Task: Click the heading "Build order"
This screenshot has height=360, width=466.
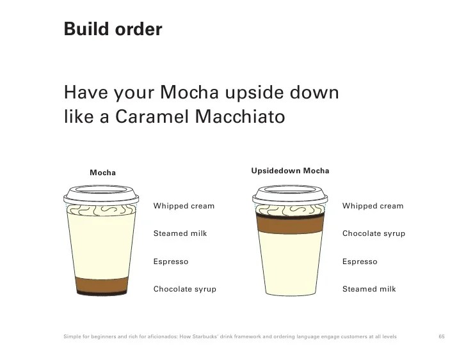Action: pyautogui.click(x=113, y=29)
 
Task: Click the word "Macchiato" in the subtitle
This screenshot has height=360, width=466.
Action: pyautogui.click(x=240, y=116)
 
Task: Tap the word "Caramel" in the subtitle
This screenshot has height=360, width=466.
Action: pyautogui.click(x=152, y=116)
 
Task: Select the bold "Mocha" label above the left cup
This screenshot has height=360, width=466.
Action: pyautogui.click(x=103, y=173)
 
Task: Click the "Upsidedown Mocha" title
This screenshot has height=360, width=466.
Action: pyautogui.click(x=290, y=171)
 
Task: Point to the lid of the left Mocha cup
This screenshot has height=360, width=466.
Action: pyautogui.click(x=101, y=195)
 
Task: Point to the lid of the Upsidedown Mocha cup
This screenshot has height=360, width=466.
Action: pyautogui.click(x=290, y=195)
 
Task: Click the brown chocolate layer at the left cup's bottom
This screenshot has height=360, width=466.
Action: pyautogui.click(x=102, y=286)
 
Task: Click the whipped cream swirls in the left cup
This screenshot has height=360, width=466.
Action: pyautogui.click(x=101, y=210)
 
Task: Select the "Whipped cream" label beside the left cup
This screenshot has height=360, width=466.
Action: pyautogui.click(x=184, y=206)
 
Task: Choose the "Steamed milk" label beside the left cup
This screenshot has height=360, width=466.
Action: pyautogui.click(x=180, y=233)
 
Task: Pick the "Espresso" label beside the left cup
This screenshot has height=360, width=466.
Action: pyautogui.click(x=171, y=262)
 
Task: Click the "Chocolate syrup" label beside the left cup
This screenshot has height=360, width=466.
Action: pyautogui.click(x=185, y=289)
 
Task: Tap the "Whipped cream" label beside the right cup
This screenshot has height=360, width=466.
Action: pyautogui.click(x=373, y=206)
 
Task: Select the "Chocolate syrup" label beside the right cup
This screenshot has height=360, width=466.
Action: pyautogui.click(x=374, y=233)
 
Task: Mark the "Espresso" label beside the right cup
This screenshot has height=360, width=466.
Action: pyautogui.click(x=360, y=262)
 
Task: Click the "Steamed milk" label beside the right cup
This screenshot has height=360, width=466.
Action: pyautogui.click(x=369, y=289)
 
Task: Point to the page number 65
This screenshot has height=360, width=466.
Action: pyautogui.click(x=442, y=336)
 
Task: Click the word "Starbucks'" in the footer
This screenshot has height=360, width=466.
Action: pyautogui.click(x=205, y=336)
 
